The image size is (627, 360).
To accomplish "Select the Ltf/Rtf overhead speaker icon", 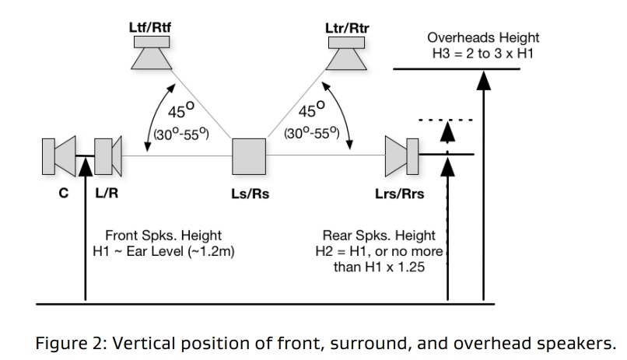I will pos(149,53).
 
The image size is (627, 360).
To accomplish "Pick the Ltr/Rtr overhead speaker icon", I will pos(347,53).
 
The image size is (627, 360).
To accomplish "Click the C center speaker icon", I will pos(59,156).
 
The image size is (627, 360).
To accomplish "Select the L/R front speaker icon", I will pos(107,156).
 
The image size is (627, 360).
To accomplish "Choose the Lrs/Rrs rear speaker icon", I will pos(402,156).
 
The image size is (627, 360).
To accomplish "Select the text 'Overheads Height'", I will pos(483,37).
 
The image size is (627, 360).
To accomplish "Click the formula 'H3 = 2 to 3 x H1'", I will pos(483,51).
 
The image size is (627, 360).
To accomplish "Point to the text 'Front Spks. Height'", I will pos(163,235).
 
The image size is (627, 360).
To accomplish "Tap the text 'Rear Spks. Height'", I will pos(379,235).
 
